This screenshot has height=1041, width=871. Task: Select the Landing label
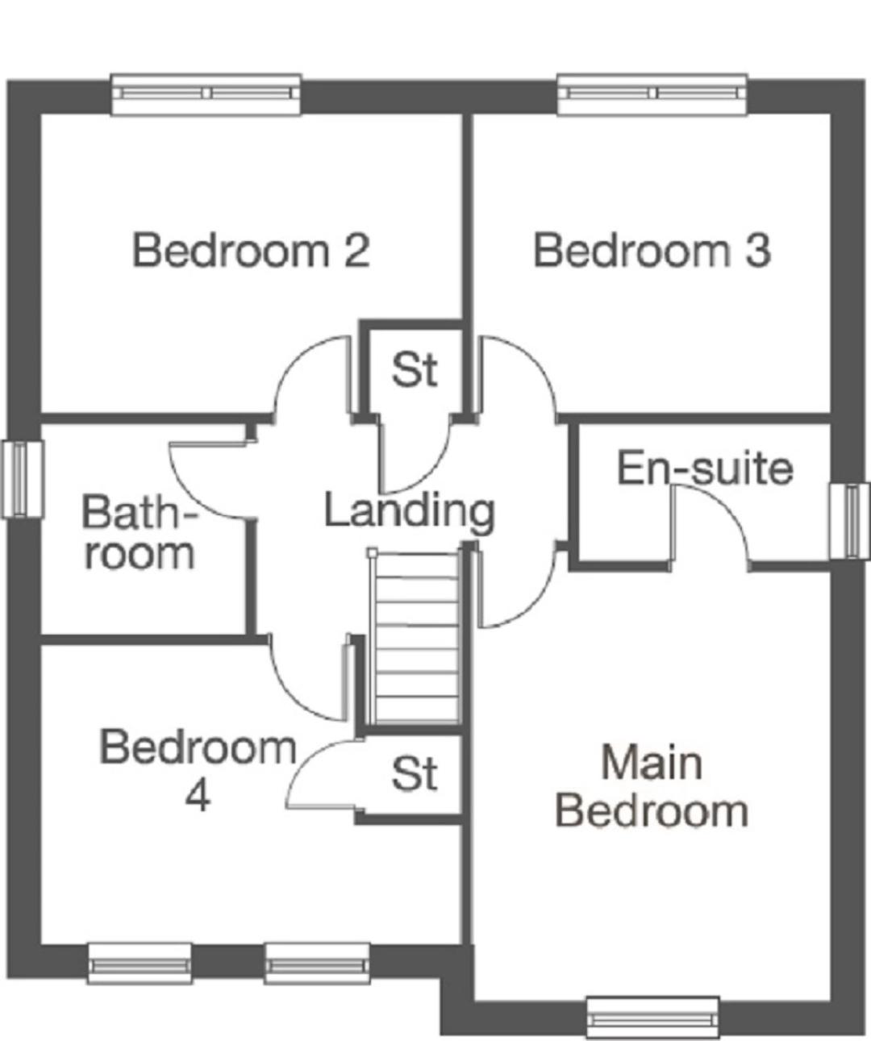tap(410, 511)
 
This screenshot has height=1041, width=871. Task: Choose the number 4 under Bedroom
tap(198, 797)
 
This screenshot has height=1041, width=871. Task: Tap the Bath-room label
tap(139, 532)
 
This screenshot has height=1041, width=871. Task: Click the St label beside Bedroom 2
tap(415, 369)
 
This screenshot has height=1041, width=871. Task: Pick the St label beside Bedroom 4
tap(415, 773)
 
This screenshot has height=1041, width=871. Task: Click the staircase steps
tap(416, 637)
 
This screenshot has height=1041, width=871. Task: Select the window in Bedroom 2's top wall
tap(206, 94)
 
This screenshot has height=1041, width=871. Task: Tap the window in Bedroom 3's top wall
tap(652, 94)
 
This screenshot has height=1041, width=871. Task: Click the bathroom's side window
tap(23, 480)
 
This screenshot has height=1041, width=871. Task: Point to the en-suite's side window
tap(849, 521)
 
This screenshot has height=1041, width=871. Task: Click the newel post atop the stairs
tap(372, 553)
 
